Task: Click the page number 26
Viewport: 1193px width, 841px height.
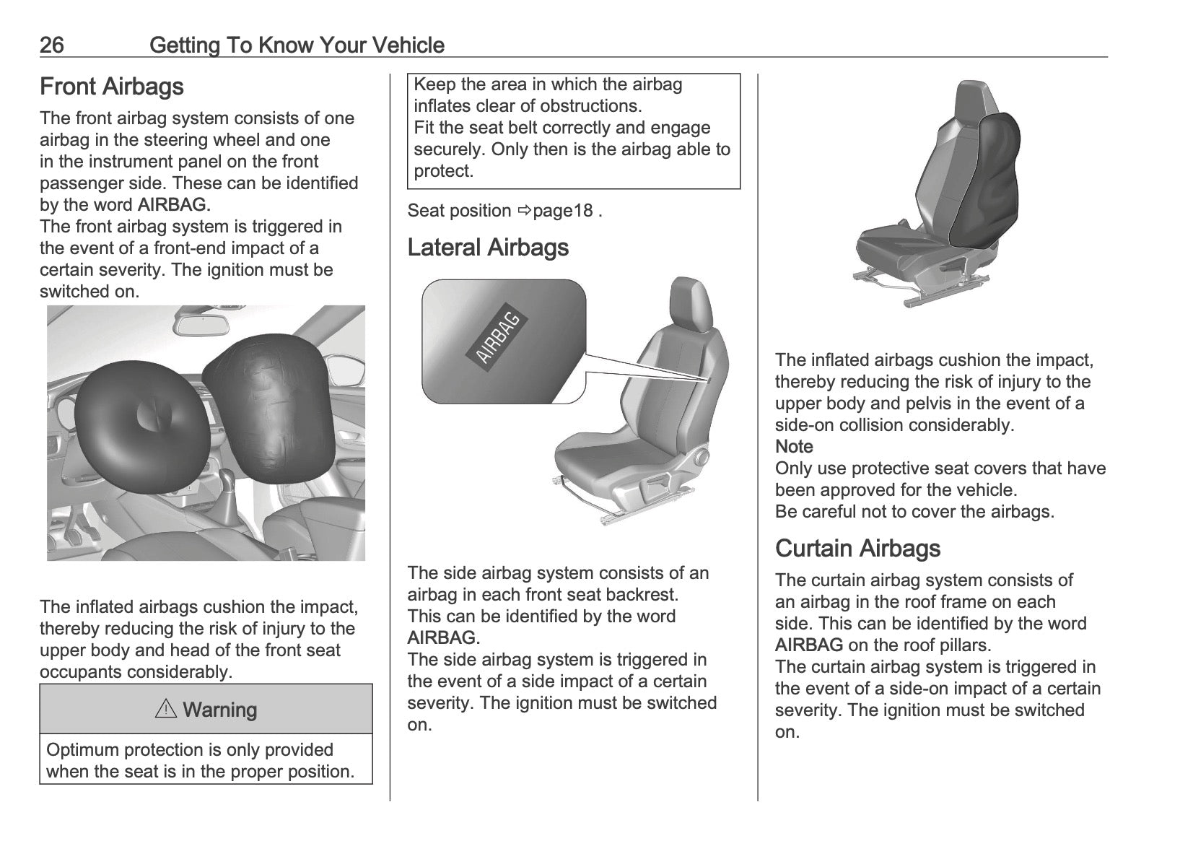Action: (52, 45)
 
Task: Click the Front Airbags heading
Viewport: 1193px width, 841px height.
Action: (112, 87)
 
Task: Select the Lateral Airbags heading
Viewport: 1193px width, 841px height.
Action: (488, 247)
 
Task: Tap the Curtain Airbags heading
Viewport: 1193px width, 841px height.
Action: (857, 548)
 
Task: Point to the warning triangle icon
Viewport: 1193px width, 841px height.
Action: (166, 708)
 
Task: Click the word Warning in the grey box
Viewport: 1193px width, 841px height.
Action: (220, 710)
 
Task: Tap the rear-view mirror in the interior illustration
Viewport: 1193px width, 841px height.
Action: (202, 324)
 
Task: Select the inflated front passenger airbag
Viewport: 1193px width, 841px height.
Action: (270, 409)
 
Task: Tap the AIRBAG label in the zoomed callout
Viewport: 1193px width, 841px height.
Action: (497, 339)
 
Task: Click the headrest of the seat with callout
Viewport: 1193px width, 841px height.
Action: (691, 305)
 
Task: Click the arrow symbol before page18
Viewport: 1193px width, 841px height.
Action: (525, 211)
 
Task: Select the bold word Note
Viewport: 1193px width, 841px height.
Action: (794, 446)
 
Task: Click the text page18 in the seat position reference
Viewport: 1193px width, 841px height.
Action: (562, 211)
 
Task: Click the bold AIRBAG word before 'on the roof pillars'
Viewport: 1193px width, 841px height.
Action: (808, 645)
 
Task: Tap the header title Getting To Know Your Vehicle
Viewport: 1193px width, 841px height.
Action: (297, 45)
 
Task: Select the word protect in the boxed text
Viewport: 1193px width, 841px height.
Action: (443, 171)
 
